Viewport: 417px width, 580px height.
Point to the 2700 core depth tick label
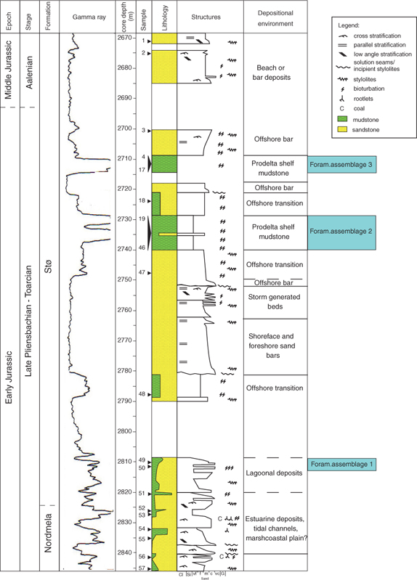[x=125, y=128]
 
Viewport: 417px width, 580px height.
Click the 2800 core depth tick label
[x=125, y=430]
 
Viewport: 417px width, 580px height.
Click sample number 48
[x=142, y=394]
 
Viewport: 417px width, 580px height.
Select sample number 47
[x=142, y=272]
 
